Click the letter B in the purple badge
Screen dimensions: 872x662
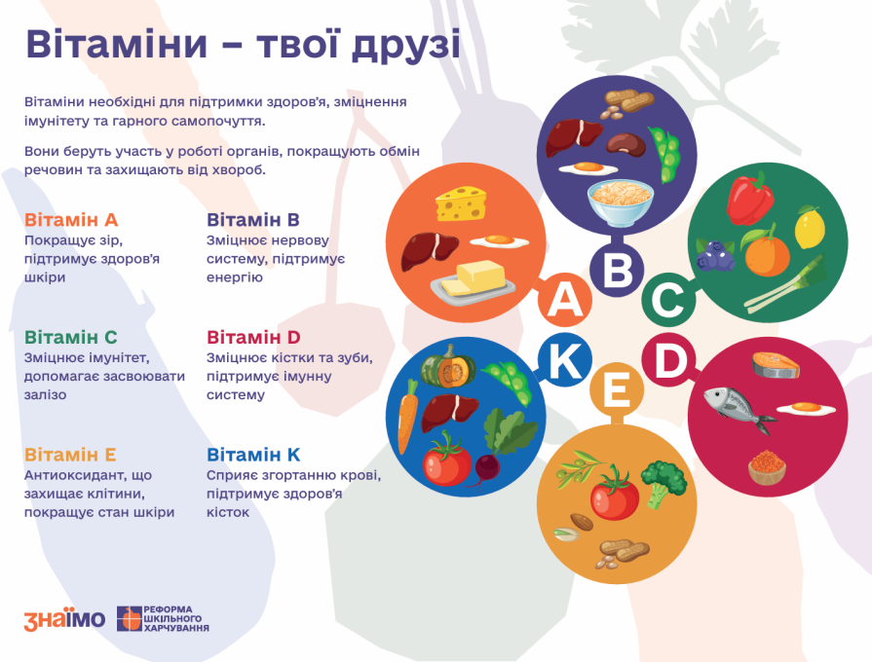click(x=617, y=270)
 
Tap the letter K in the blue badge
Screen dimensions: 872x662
click(x=565, y=360)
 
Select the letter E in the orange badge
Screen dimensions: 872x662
click(x=617, y=390)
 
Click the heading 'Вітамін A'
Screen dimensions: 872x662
click(x=71, y=220)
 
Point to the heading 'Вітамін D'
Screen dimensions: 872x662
click(x=253, y=338)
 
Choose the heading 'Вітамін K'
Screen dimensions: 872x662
click(x=253, y=455)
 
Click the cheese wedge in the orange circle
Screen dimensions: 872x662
click(x=461, y=203)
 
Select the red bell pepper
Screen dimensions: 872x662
click(x=749, y=199)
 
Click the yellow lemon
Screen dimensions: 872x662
click(x=810, y=227)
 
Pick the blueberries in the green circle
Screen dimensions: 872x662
click(x=715, y=256)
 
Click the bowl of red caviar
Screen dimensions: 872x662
click(x=767, y=467)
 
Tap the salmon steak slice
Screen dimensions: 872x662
click(x=776, y=365)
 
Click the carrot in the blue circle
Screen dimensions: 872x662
click(x=407, y=416)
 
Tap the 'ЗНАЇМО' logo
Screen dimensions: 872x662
click(x=64, y=619)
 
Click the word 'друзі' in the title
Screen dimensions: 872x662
click(x=406, y=45)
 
